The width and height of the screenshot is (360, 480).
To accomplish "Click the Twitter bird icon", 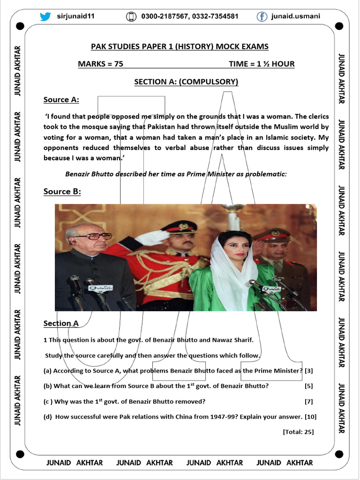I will pos(45,16).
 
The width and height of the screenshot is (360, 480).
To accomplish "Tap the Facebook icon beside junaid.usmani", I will pos(262,16).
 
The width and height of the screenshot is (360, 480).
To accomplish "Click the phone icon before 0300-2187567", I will pos(131,17).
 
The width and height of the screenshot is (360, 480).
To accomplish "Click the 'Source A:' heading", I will pos(61,100).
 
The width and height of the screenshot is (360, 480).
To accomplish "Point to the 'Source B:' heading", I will pos(62,191).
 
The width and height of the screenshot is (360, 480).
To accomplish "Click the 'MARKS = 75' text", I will pos(100,64).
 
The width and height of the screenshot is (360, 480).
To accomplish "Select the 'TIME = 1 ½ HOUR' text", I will pos(262,64).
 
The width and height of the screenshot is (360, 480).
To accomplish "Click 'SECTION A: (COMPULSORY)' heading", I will pos(186,82).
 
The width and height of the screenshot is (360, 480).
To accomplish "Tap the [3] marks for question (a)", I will pos(309,371).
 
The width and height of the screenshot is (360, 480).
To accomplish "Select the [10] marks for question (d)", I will pos(310,417).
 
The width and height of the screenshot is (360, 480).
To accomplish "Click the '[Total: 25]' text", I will pos(298,432).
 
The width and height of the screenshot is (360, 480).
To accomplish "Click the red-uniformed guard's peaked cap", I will pos(179,226).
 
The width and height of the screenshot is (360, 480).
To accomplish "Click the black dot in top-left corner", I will pos(20,26).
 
